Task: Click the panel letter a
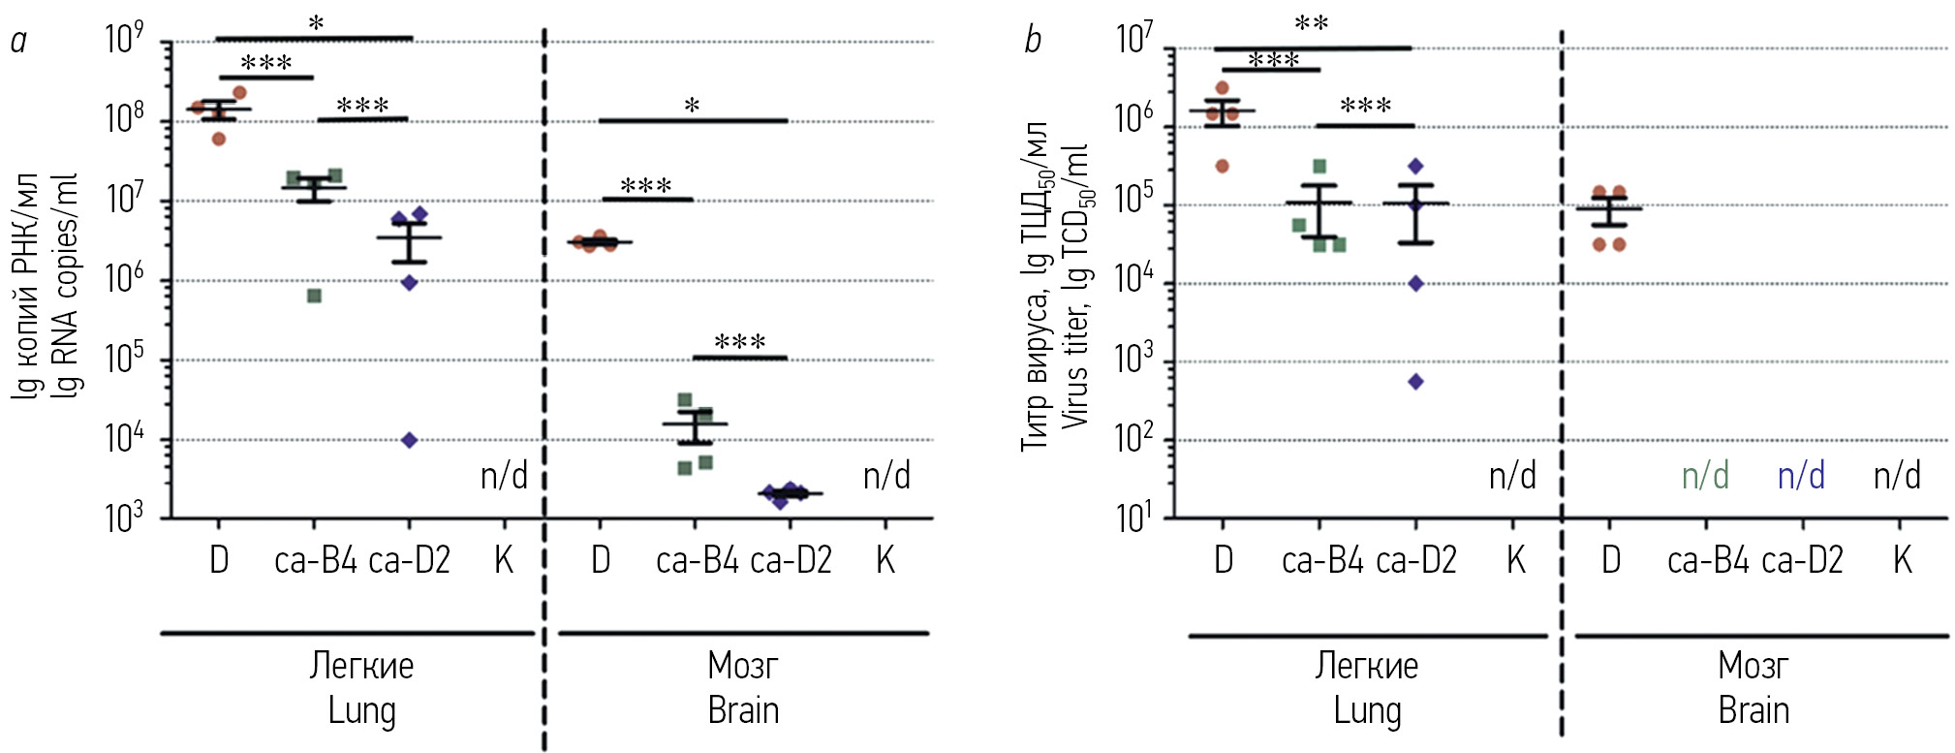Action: [x=17, y=41]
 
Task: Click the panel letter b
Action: [x=1033, y=41]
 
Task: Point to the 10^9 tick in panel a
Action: [x=125, y=39]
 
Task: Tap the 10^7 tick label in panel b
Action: [x=1134, y=39]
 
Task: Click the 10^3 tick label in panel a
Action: [x=125, y=518]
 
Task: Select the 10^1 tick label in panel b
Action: [x=1134, y=518]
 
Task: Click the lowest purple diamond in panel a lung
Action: [x=409, y=440]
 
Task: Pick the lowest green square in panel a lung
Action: [x=314, y=296]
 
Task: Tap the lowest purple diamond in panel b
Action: [x=1415, y=382]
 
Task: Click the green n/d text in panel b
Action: [x=1705, y=476]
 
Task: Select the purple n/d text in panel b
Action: [x=1801, y=476]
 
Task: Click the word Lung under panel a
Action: [x=361, y=710]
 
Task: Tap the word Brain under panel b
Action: [x=1753, y=710]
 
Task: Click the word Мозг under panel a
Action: [x=743, y=666]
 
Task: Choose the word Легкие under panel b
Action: [x=1366, y=666]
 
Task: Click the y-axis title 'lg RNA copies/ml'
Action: [x=67, y=286]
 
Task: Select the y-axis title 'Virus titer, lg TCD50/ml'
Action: [x=1075, y=286]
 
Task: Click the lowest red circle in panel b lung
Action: [x=1222, y=167]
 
